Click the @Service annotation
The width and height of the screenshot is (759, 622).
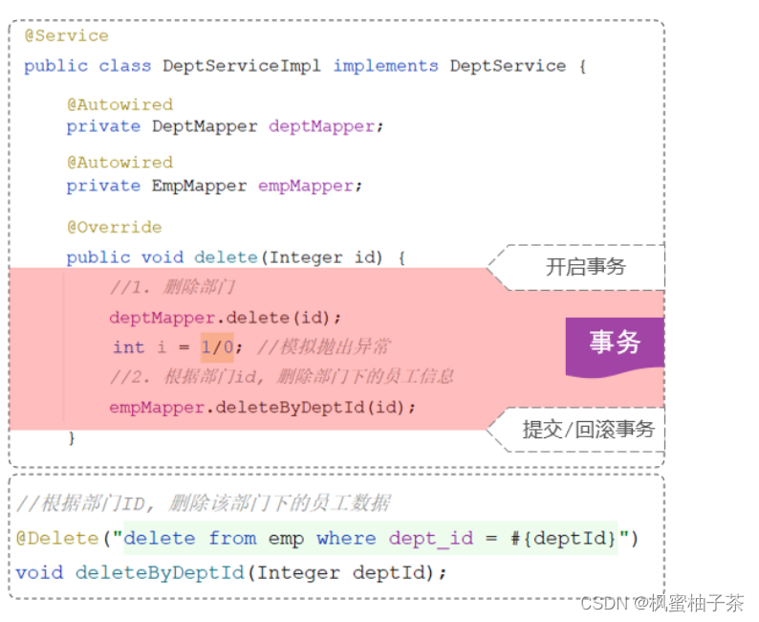(x=66, y=36)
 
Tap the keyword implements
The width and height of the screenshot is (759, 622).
(x=385, y=66)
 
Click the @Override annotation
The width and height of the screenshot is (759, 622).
(x=114, y=228)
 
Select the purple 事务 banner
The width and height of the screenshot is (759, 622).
(x=615, y=343)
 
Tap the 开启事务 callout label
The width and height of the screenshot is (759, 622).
(x=585, y=267)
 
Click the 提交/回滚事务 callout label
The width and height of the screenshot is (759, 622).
(x=588, y=430)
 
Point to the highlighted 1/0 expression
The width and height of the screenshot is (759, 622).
(x=217, y=347)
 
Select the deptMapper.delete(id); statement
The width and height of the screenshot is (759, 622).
(x=225, y=318)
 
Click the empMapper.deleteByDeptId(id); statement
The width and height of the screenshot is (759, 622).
(x=263, y=407)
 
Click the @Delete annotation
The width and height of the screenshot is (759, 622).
(x=57, y=539)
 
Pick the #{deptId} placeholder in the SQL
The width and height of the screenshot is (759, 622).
(x=563, y=539)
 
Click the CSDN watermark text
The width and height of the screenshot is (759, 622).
(x=661, y=604)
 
